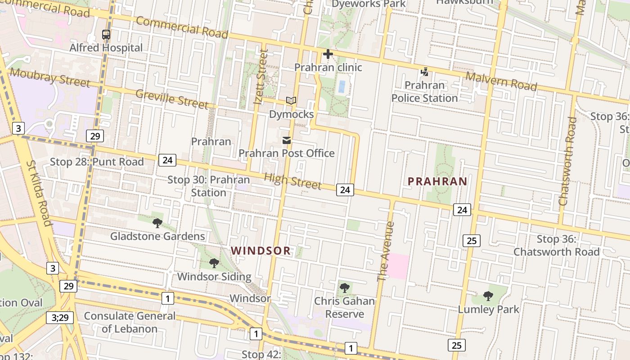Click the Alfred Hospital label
[106, 48]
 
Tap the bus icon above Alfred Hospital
[106, 34]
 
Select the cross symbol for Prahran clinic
[328, 54]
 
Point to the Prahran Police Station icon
[424, 72]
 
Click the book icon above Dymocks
[291, 101]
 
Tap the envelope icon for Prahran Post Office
[287, 140]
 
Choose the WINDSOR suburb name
[261, 251]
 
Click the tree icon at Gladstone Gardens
[157, 223]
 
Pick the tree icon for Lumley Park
[488, 296]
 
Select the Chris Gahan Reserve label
[345, 307]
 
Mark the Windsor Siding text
[214, 276]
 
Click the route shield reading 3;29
[60, 318]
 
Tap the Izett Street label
[261, 77]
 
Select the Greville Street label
[172, 99]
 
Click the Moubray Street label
[49, 77]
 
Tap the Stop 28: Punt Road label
[97, 162]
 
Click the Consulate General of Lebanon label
[130, 322]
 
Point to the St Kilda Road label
[39, 193]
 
